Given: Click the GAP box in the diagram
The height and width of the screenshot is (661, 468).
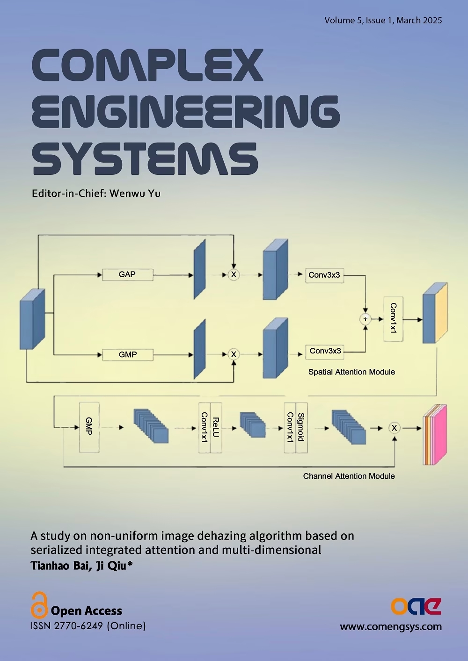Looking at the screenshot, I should (127, 274).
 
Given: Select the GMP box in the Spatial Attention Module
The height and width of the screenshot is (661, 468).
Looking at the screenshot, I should (128, 355).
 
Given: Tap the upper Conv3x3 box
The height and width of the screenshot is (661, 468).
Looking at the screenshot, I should (324, 275).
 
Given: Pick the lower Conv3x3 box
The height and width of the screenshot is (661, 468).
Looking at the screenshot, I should (325, 351).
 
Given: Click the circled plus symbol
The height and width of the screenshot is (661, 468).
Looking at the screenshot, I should (366, 319).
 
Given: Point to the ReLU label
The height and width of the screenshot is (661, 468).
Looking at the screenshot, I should (216, 428).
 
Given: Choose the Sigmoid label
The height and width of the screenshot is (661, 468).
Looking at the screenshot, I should (301, 427).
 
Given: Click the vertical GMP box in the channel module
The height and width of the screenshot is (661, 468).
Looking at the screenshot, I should (89, 427).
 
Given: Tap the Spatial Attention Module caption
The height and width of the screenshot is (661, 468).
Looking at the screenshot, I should (351, 372).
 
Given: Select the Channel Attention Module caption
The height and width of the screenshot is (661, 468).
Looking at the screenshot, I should (349, 476).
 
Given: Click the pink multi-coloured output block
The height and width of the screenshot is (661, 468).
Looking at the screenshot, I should (435, 435).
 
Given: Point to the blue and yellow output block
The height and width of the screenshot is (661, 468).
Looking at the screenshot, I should (435, 313).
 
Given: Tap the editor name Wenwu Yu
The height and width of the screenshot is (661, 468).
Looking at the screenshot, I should (135, 194).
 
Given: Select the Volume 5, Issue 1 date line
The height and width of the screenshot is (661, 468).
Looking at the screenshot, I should (383, 20).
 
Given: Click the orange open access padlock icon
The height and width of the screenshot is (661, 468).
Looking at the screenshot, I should (39, 605).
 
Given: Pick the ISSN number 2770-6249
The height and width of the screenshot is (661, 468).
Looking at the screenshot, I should (79, 626).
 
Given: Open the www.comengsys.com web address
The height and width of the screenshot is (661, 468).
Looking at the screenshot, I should (391, 627).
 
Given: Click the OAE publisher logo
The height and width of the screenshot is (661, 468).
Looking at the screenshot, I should (416, 606).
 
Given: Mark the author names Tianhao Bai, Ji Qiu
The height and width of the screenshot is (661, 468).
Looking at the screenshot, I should (81, 566).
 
